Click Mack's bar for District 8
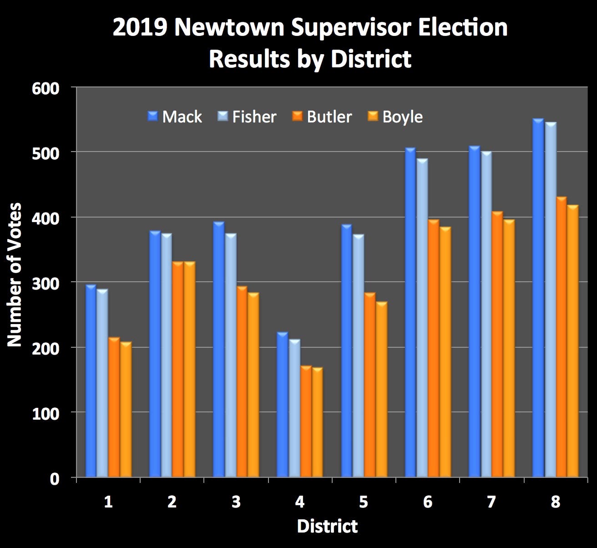click(538, 298)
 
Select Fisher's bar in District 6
click(422, 318)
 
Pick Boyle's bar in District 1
click(126, 410)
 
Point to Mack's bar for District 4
click(283, 405)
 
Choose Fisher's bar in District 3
click(231, 355)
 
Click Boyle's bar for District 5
click(381, 390)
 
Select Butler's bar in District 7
click(498, 345)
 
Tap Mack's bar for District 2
click(155, 354)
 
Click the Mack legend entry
click(175, 117)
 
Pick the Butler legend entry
click(322, 117)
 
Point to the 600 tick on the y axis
click(46, 88)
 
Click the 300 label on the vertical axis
click(46, 283)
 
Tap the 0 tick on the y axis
click(55, 478)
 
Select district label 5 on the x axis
click(363, 502)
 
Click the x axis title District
click(327, 526)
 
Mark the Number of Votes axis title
click(15, 274)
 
